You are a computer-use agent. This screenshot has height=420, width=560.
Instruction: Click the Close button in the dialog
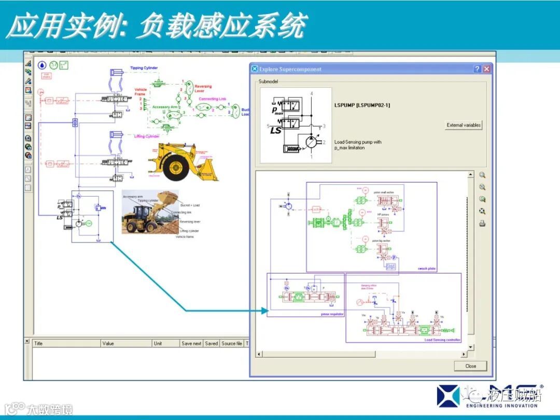point(470,366)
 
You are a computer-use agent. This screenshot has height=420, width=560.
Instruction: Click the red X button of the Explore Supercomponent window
point(486,69)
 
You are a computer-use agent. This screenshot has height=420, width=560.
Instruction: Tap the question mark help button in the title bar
point(477,69)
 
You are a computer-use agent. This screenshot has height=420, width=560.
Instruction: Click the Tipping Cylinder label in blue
point(144,68)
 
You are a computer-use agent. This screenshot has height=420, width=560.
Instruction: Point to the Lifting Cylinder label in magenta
point(147,136)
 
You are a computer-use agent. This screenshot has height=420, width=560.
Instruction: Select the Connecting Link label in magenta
point(213,99)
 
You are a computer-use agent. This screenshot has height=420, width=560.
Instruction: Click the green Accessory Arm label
point(164,107)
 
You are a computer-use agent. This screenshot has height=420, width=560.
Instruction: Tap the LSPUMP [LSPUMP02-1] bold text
point(362,105)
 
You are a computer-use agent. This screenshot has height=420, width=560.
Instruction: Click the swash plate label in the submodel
point(426,269)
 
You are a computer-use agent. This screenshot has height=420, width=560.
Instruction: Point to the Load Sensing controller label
point(442,340)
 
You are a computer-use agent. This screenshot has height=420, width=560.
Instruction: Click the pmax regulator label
point(332,314)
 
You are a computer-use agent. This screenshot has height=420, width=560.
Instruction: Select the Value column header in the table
point(108,343)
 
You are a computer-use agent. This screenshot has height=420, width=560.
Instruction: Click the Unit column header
point(158,343)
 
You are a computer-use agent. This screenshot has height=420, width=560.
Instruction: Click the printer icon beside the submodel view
point(482,223)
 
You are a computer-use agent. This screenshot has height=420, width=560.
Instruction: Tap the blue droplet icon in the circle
point(41,65)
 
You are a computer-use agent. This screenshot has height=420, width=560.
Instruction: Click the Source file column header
point(232,343)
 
